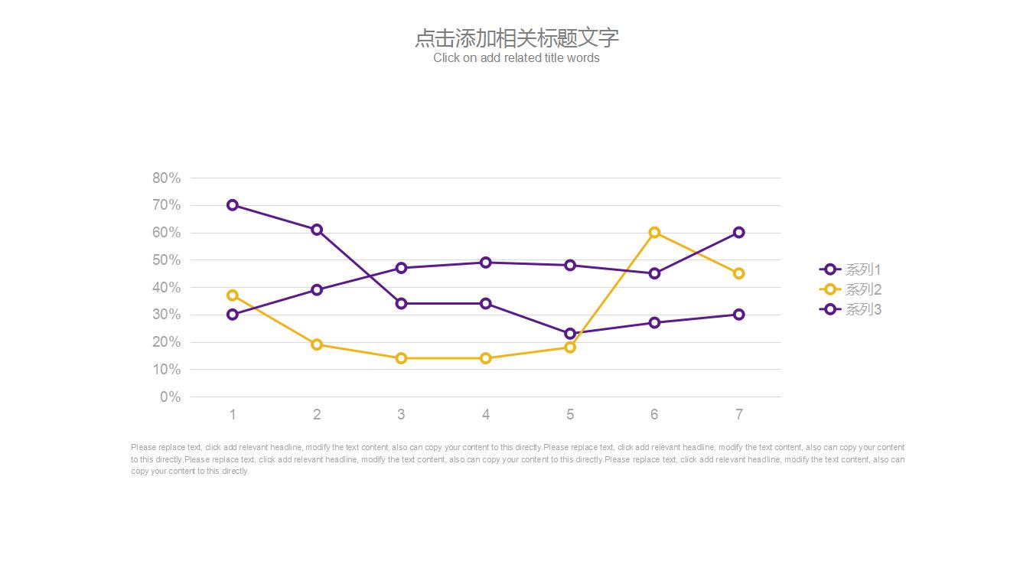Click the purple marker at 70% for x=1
pyautogui.click(x=233, y=205)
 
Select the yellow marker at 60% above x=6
pyautogui.click(x=654, y=233)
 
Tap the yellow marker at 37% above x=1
pyautogui.click(x=233, y=295)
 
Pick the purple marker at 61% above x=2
pyautogui.click(x=317, y=230)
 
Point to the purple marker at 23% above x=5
pyautogui.click(x=570, y=334)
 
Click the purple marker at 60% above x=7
pyautogui.click(x=739, y=233)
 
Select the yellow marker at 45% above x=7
pyautogui.click(x=739, y=273)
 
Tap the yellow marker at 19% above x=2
pyautogui.click(x=317, y=344)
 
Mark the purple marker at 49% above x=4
pyautogui.click(x=486, y=263)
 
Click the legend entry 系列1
pyautogui.click(x=851, y=269)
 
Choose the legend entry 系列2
pyautogui.click(x=851, y=289)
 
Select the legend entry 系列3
pyautogui.click(x=851, y=309)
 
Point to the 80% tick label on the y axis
pyautogui.click(x=167, y=178)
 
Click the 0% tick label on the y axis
pyautogui.click(x=171, y=397)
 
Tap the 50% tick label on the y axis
pyautogui.click(x=167, y=260)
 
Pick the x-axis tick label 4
pyautogui.click(x=486, y=415)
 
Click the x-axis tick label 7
pyautogui.click(x=739, y=415)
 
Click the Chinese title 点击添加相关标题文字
pyautogui.click(x=516, y=38)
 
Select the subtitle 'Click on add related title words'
pyautogui.click(x=516, y=58)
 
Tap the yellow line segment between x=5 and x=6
pyautogui.click(x=612, y=290)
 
